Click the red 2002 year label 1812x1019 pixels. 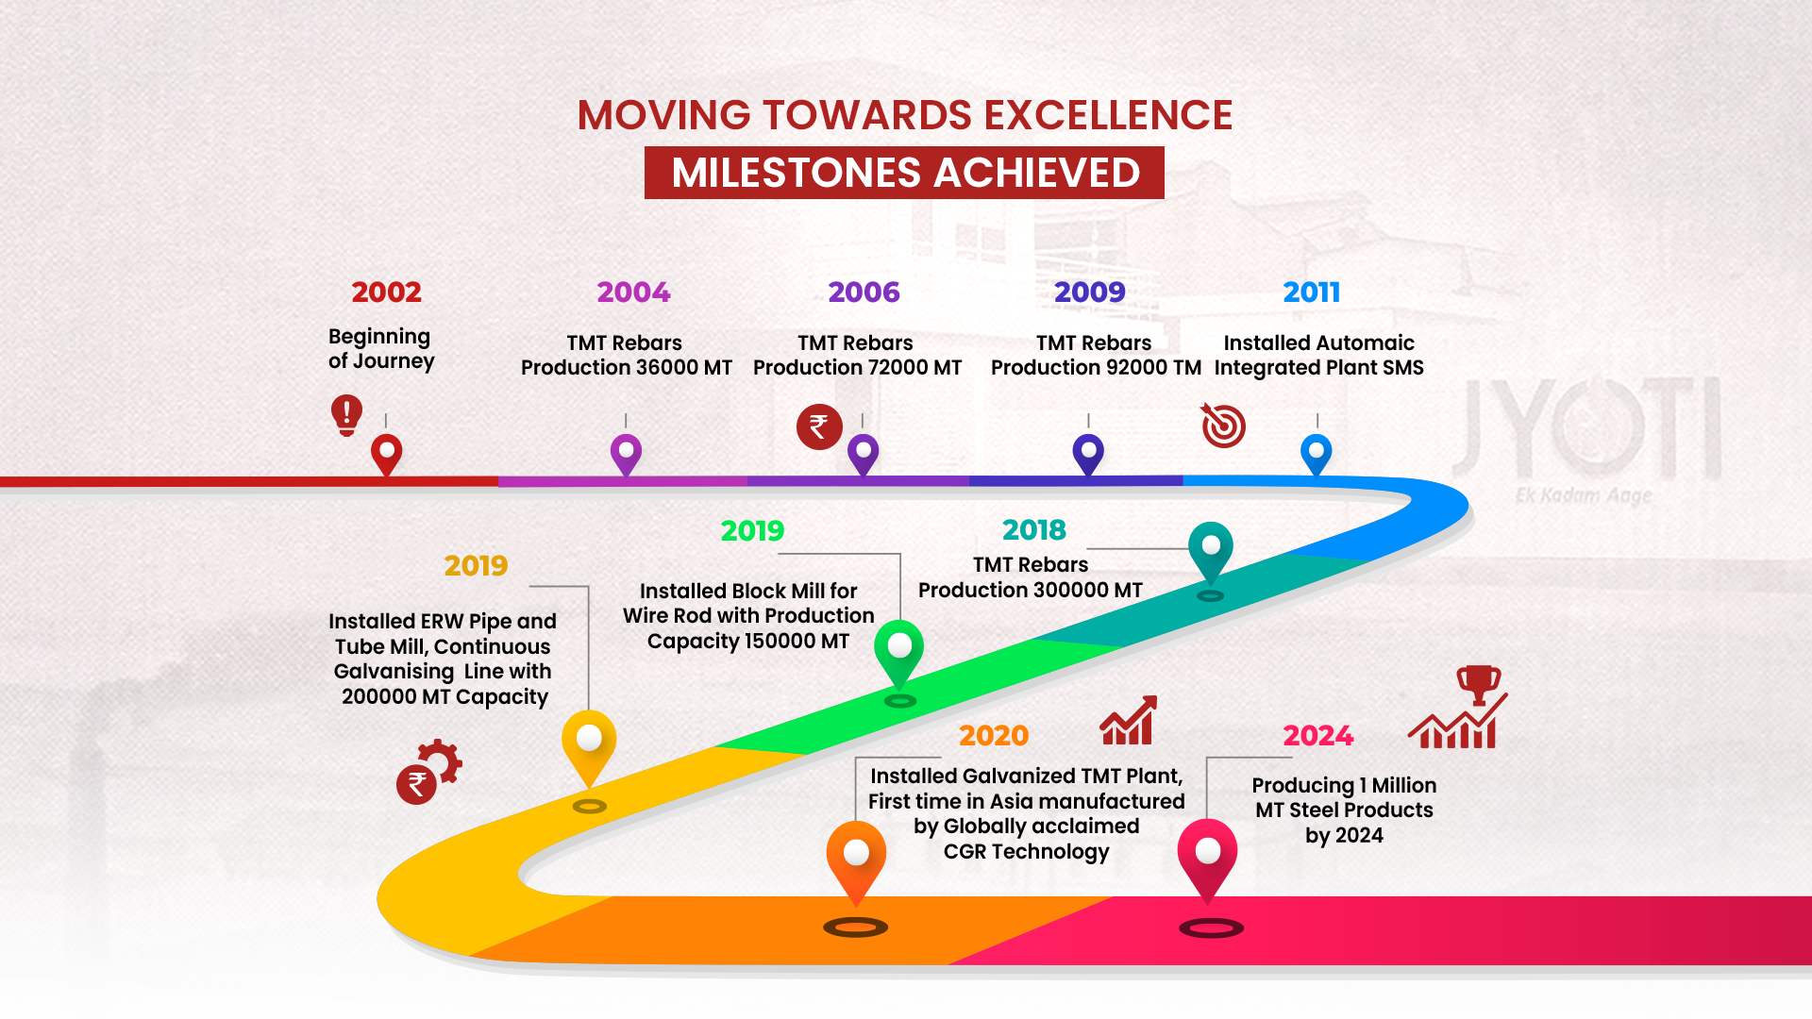[386, 292]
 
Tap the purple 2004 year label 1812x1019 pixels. [633, 292]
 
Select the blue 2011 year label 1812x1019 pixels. [1312, 292]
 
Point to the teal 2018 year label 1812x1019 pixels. [1034, 530]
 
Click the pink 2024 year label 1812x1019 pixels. [1318, 736]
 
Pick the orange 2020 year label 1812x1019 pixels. [994, 736]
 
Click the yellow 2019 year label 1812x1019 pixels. [476, 566]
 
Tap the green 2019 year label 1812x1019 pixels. [752, 531]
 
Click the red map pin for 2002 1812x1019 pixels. [387, 455]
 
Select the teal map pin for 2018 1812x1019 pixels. [1211, 552]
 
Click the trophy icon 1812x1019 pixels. [1479, 684]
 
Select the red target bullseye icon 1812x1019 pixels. [1223, 426]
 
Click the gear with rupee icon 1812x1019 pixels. [429, 772]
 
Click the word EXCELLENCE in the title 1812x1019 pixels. [1108, 115]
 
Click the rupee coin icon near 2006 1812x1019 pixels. [819, 427]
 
